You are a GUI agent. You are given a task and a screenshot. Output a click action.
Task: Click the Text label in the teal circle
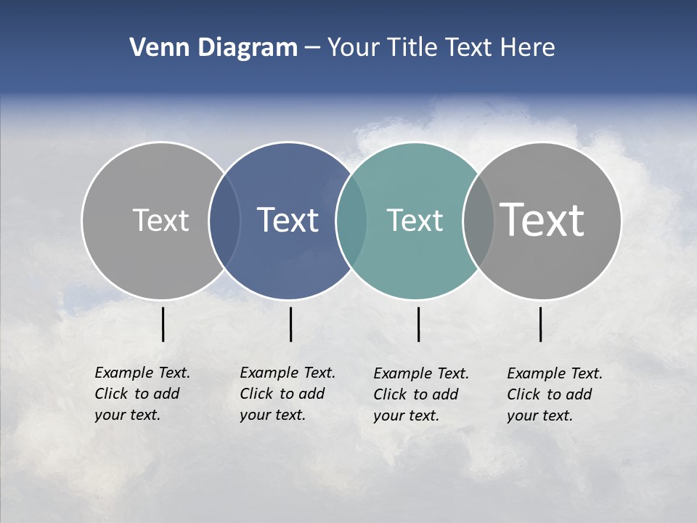pyautogui.click(x=415, y=220)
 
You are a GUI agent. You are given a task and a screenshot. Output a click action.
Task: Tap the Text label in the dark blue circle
pyautogui.click(x=288, y=220)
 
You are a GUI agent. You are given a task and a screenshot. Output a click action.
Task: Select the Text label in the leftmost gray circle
pyautogui.click(x=160, y=220)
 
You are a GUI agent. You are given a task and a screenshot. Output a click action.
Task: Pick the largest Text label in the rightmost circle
pyautogui.click(x=542, y=220)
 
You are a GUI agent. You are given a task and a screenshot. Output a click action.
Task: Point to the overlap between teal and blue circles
pyautogui.click(x=351, y=221)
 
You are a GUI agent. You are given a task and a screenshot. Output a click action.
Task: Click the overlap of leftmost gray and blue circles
pyautogui.click(x=224, y=221)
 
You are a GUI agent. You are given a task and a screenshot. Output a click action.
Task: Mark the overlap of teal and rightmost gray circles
pyautogui.click(x=478, y=221)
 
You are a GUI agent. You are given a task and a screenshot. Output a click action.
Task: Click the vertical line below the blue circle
pyautogui.click(x=290, y=324)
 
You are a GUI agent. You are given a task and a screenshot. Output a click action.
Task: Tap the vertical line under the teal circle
pyautogui.click(x=418, y=324)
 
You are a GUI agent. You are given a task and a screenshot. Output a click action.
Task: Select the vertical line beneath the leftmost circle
pyautogui.click(x=163, y=324)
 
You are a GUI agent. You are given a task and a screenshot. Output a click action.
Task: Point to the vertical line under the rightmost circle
pyautogui.click(x=540, y=324)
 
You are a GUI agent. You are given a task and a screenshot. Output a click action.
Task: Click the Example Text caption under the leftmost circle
pyautogui.click(x=142, y=394)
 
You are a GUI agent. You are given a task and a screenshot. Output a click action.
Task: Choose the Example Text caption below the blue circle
pyautogui.click(x=288, y=394)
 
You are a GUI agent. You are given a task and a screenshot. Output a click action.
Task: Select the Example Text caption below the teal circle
pyautogui.click(x=421, y=394)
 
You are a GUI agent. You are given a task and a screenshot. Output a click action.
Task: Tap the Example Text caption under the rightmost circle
pyautogui.click(x=555, y=394)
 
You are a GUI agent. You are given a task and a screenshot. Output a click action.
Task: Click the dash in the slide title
pyautogui.click(x=313, y=48)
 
